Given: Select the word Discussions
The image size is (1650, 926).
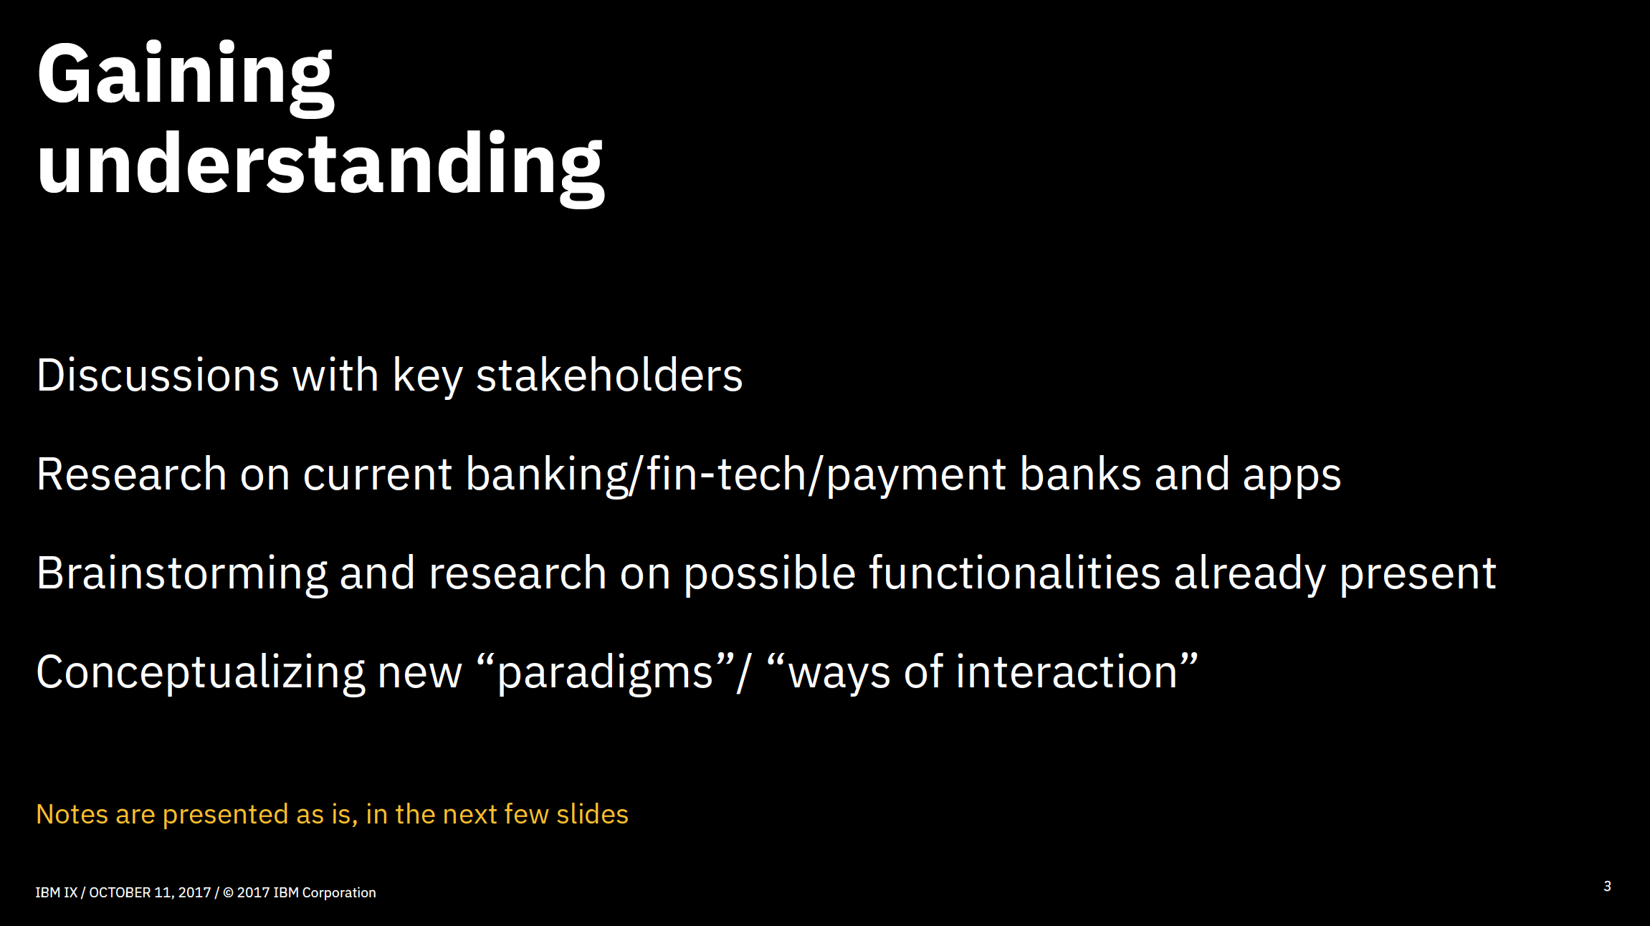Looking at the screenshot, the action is tap(158, 375).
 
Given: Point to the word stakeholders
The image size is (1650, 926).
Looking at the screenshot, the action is tap(609, 375).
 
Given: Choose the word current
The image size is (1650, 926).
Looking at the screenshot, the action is tap(377, 475).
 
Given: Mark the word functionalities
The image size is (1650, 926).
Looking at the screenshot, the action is tap(1014, 573).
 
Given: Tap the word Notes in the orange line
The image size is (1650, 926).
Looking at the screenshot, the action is tap(72, 814).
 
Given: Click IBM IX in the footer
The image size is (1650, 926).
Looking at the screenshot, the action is tap(57, 892).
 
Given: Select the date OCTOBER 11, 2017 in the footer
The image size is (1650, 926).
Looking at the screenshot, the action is tap(150, 892).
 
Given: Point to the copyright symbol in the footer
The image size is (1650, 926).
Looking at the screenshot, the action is tap(228, 892).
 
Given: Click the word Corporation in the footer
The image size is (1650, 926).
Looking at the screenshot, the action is tap(339, 893).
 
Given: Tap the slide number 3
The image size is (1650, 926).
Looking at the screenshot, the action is tap(1608, 886).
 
